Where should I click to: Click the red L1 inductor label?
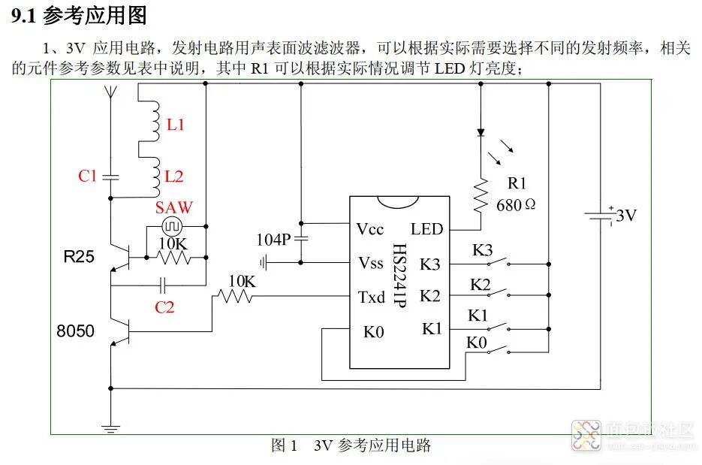coord(175,125)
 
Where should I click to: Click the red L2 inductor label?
coord(174,177)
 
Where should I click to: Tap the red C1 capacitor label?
coord(88,176)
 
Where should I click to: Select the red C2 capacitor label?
coord(164,307)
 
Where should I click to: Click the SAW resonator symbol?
coord(170,225)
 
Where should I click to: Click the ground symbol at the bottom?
coord(110,429)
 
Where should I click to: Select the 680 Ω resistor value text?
coord(517,204)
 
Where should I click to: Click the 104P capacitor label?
coord(273,240)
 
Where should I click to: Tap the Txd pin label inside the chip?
coord(372,297)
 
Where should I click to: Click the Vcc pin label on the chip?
coord(372,229)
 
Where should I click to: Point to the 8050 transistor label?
coord(76,330)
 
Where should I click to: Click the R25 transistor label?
coord(79,257)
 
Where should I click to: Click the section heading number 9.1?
coord(24,15)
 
